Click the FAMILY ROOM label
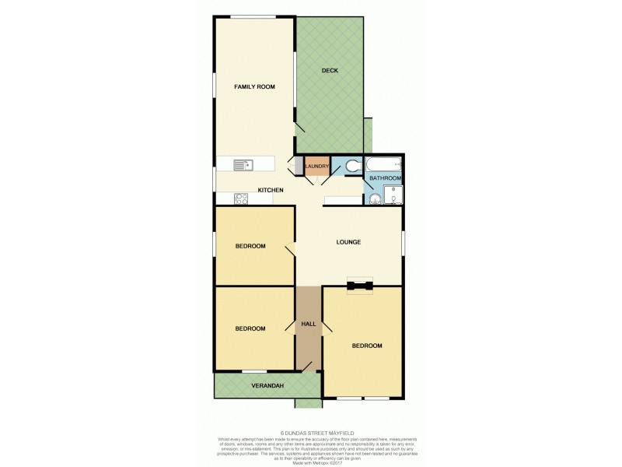pyautogui.click(x=255, y=86)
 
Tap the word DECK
pyautogui.click(x=329, y=71)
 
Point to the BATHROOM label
pyautogui.click(x=385, y=178)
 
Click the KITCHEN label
pyautogui.click(x=270, y=190)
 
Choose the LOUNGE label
pyautogui.click(x=348, y=241)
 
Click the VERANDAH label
pyautogui.click(x=266, y=385)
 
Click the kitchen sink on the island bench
pyautogui.click(x=242, y=164)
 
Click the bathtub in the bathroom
pyautogui.click(x=383, y=164)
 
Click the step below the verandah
pyautogui.click(x=306, y=402)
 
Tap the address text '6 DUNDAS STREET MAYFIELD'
pyautogui.click(x=310, y=434)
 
